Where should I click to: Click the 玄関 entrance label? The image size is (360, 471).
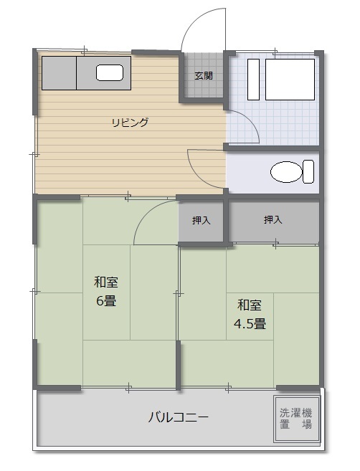pos(204,76)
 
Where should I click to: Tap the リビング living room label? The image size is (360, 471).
pos(130,123)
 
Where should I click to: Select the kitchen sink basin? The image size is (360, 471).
pos(110,72)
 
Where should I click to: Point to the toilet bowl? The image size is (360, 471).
pos(285,172)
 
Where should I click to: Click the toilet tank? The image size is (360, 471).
pos(308,171)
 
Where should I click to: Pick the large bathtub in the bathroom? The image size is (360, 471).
pos(290,80)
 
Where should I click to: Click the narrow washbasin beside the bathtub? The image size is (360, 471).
pos(253,80)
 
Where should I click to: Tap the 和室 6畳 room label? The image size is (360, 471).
pos(106,291)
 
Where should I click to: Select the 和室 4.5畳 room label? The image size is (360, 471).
pos(250,314)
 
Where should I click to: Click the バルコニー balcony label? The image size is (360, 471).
pos(178,417)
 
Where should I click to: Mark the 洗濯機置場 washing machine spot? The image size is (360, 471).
pos(296,419)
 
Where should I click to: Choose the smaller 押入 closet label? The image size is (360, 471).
pos(201,221)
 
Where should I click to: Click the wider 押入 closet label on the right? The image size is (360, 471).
pos(273,220)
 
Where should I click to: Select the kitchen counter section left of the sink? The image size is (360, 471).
pos(59,73)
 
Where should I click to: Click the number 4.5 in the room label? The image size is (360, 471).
pos(243,324)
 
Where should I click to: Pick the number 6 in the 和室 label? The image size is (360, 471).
pos(100,301)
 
